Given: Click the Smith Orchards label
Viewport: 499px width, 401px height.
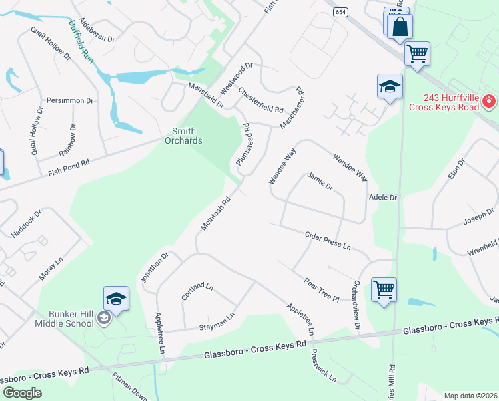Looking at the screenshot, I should (184, 136).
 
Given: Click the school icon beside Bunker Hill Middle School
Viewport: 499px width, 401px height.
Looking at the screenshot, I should (103, 319).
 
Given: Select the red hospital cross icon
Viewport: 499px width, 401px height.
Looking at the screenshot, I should (489, 102).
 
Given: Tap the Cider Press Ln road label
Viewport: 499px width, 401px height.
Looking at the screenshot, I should (328, 241).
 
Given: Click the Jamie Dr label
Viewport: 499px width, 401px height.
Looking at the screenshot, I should (320, 181).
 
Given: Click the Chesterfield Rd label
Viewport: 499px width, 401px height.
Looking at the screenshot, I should (261, 100).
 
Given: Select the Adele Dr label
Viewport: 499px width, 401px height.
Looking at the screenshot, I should (383, 198).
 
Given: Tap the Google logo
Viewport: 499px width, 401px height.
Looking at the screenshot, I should (22, 393).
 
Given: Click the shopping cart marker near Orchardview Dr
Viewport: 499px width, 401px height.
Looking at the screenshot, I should (384, 291).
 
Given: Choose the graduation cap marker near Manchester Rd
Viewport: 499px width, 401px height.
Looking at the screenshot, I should (390, 87).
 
